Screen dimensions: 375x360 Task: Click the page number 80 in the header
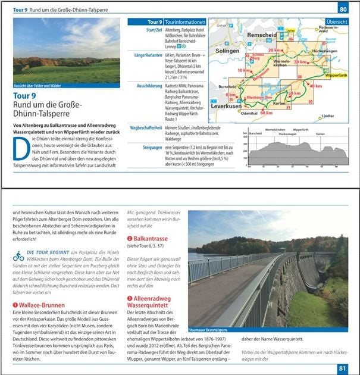[x=343, y=9]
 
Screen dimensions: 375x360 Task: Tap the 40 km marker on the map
[x=315, y=86]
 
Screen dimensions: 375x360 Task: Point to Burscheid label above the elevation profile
[x=255, y=133]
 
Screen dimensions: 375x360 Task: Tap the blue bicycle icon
[x=18, y=257]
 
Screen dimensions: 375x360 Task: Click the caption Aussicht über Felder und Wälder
[x=37, y=86]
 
